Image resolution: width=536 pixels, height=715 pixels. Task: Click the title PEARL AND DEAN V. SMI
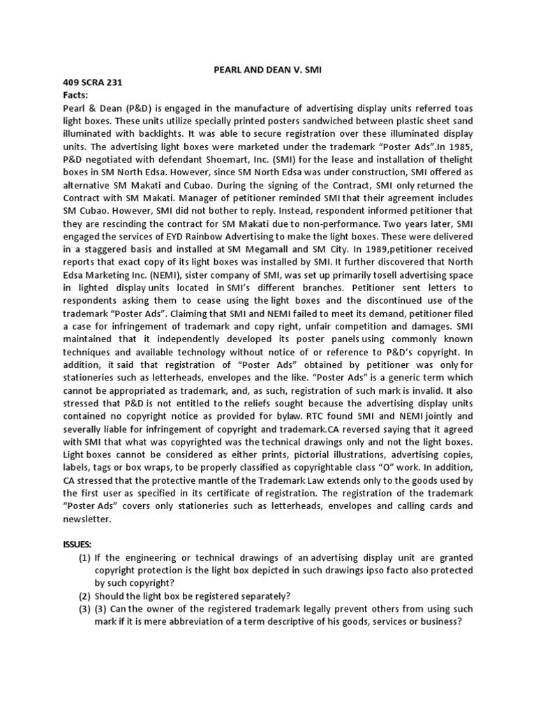268,70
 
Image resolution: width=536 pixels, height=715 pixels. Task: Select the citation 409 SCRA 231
87,82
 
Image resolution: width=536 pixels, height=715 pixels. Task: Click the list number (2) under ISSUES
85,595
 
